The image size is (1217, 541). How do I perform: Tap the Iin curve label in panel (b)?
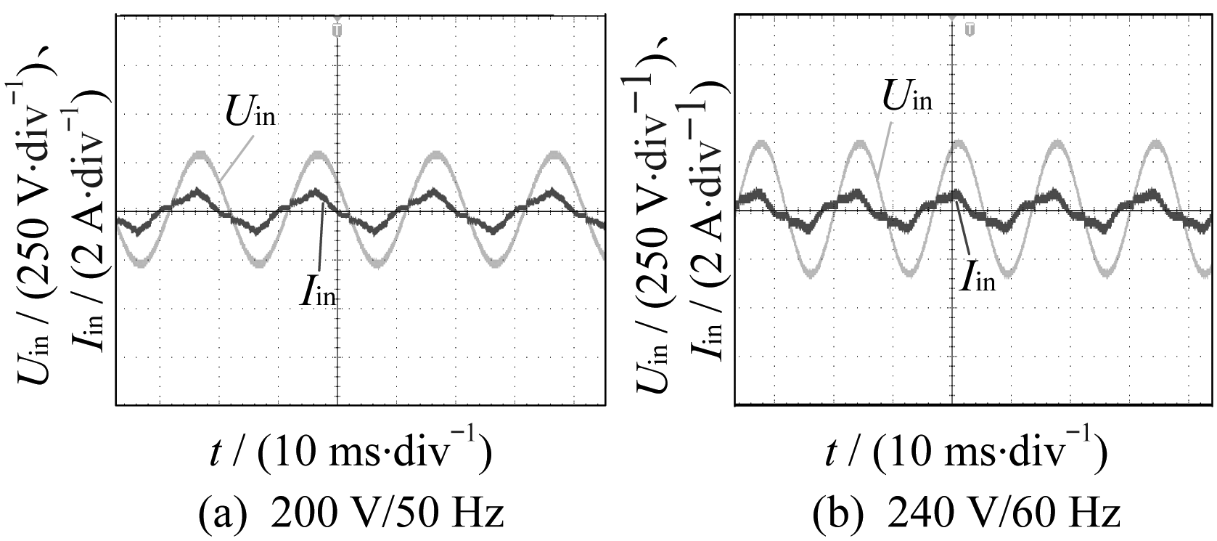pos(976,274)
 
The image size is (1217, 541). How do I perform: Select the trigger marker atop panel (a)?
pos(337,29)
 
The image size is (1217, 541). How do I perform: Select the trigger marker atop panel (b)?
pos(970,29)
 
